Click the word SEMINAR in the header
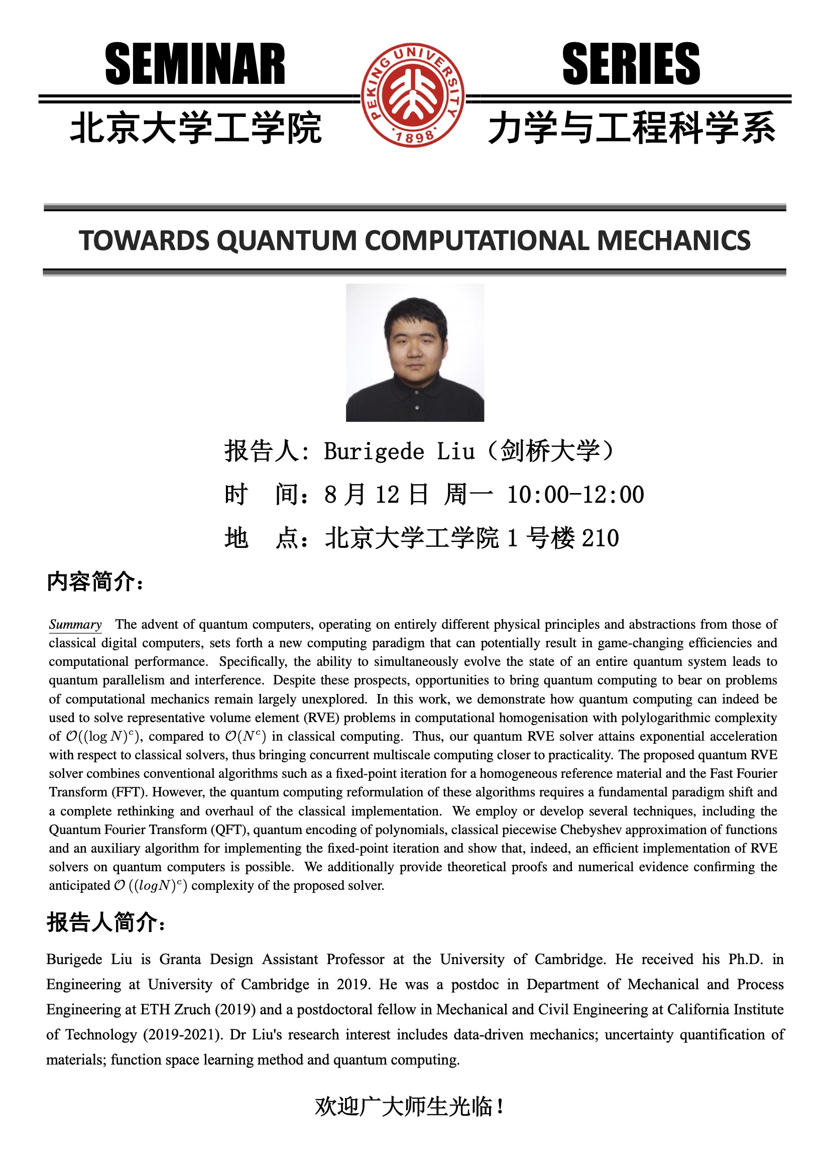point(195,64)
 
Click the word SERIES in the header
point(631,64)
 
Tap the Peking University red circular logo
point(413,95)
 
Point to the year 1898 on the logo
point(414,137)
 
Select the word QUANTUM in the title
point(286,241)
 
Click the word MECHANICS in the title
point(673,241)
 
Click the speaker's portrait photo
point(415,353)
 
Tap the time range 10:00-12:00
point(575,495)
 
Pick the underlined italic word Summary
point(75,624)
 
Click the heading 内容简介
point(94,582)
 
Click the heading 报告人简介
point(105,922)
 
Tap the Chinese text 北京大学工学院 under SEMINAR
point(196,128)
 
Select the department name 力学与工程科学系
point(632,128)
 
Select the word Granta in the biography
point(180,959)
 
